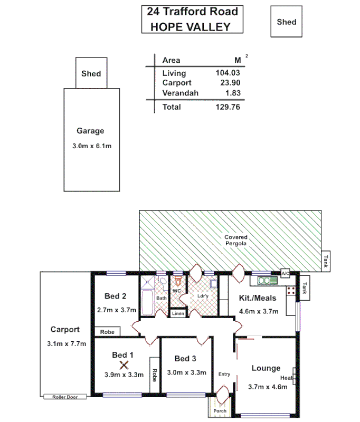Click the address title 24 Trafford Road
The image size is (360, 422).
(x=193, y=12)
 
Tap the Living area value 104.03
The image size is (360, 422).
(x=228, y=73)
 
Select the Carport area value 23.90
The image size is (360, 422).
(x=231, y=83)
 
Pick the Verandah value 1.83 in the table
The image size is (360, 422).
(x=232, y=93)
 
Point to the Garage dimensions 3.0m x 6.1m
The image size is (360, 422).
(x=92, y=146)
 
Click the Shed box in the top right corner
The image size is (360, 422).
(x=287, y=22)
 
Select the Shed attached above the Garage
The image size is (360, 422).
(x=91, y=74)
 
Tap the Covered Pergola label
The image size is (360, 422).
(x=235, y=241)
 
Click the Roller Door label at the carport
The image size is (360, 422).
(x=65, y=397)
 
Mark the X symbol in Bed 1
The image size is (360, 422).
(x=124, y=365)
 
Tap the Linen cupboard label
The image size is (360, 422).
(x=177, y=313)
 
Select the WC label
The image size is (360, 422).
(x=176, y=290)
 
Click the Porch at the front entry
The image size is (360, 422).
(x=219, y=411)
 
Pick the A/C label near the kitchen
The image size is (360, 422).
(x=286, y=274)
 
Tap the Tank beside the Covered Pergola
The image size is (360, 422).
(x=325, y=261)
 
